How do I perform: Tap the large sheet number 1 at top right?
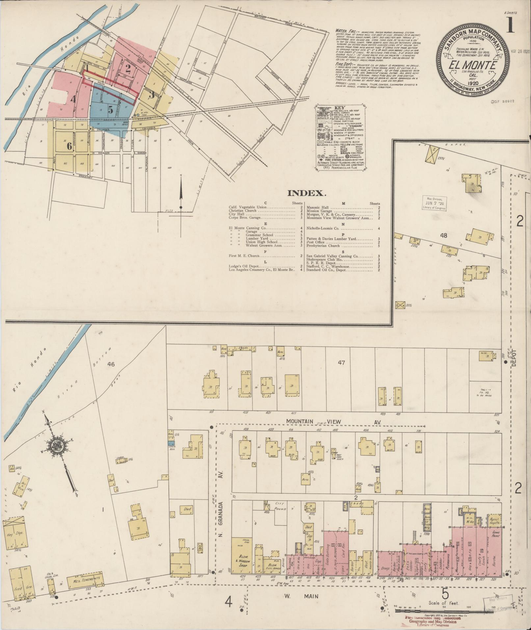(510, 25)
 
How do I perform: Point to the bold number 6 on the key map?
(69, 146)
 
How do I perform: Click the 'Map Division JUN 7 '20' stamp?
(434, 203)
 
